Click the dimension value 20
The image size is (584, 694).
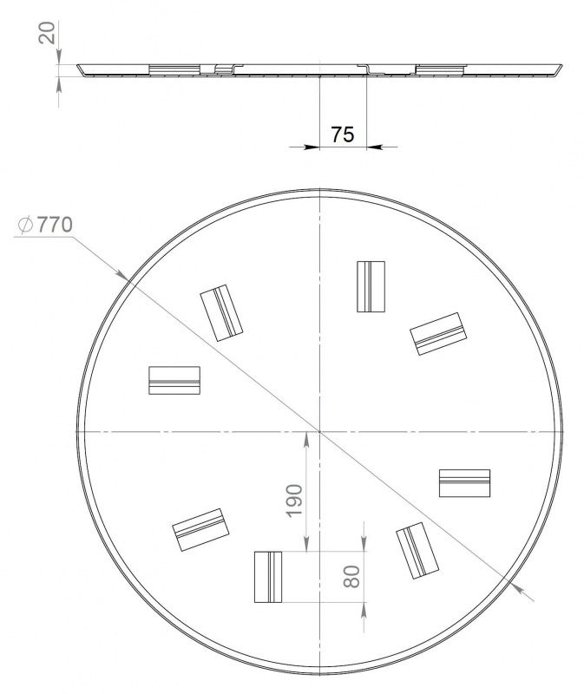(48, 32)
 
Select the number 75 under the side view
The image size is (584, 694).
(343, 134)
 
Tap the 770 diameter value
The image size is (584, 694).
(55, 225)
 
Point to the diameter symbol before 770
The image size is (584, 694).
(25, 225)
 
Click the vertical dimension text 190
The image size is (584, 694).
(294, 501)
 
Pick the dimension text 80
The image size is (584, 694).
(352, 576)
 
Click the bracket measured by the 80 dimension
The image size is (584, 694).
(268, 577)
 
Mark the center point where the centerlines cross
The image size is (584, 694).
(319, 430)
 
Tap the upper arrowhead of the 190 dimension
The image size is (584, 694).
(306, 439)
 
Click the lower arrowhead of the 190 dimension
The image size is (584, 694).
(306, 544)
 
